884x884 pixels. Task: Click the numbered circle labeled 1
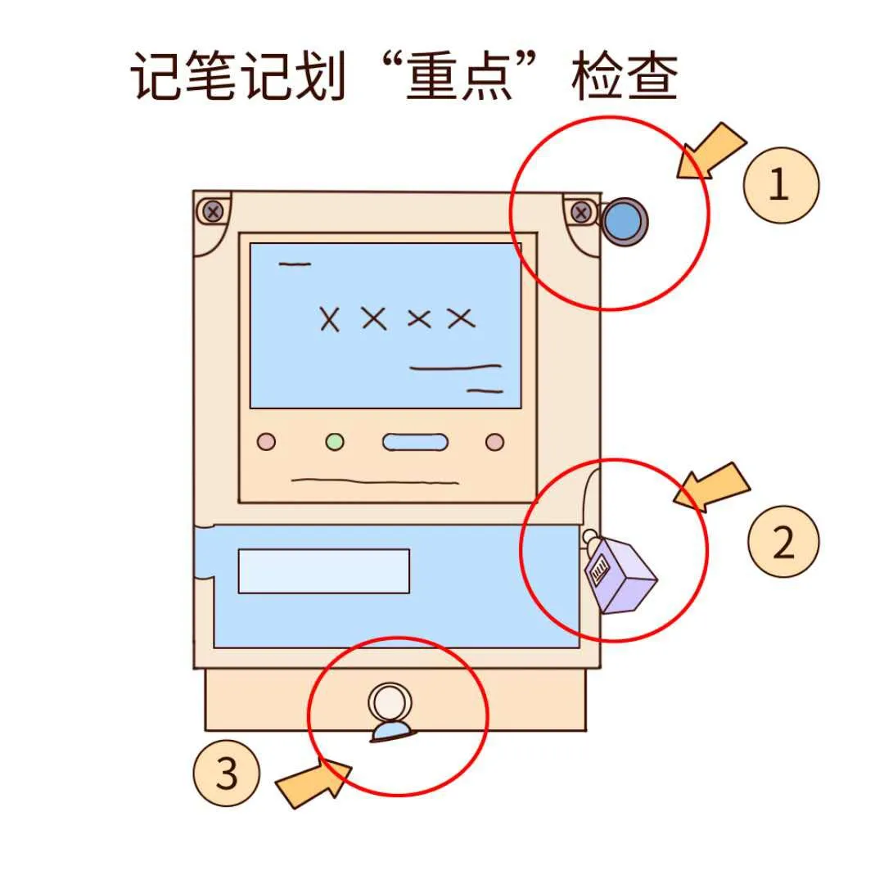pos(779,185)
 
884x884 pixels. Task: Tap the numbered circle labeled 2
pos(783,542)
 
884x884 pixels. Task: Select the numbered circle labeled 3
pos(227,773)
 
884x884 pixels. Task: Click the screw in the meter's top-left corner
pos(213,212)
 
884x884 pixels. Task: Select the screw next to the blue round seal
pos(581,214)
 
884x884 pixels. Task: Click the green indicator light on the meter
pos(335,443)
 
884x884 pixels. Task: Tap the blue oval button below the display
pos(415,443)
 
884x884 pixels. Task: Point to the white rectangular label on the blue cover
pos(323,571)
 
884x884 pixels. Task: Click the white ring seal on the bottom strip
pos(390,703)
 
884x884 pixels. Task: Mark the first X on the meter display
pos(329,318)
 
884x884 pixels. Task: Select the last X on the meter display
pos(461,318)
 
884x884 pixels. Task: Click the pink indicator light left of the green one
pos(267,443)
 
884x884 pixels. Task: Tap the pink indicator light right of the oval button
pos(494,443)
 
